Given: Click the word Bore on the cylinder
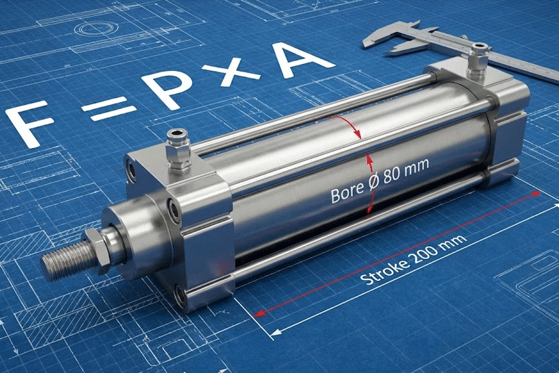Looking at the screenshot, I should [x=347, y=193].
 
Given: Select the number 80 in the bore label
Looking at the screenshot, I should [x=393, y=174].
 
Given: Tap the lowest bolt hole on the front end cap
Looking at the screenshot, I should [x=181, y=297].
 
